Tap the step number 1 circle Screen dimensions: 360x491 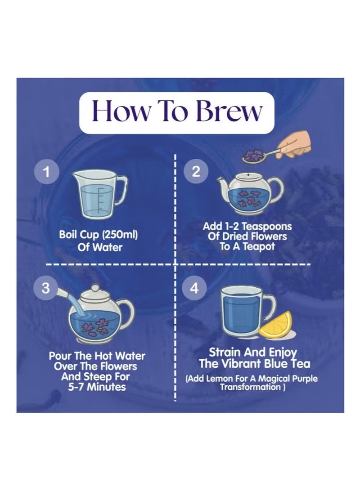click(x=46, y=172)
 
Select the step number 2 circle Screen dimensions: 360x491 click(x=195, y=171)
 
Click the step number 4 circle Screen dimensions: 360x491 click(x=194, y=287)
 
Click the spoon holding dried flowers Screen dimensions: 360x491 click(x=260, y=155)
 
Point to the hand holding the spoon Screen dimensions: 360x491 click(x=294, y=145)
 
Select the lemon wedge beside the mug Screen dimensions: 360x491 click(x=276, y=326)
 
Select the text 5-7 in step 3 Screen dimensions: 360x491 click(x=76, y=387)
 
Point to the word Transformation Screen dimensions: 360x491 click(x=250, y=387)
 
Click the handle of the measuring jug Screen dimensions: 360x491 click(x=121, y=189)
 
